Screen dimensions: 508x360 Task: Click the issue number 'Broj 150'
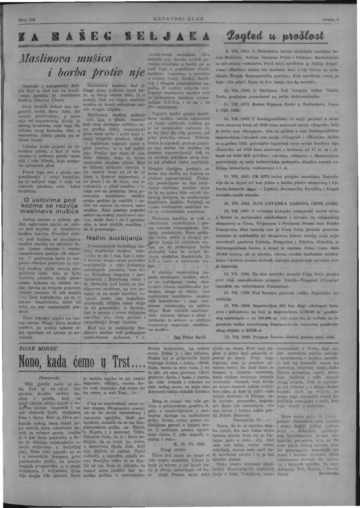(x=26, y=19)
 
